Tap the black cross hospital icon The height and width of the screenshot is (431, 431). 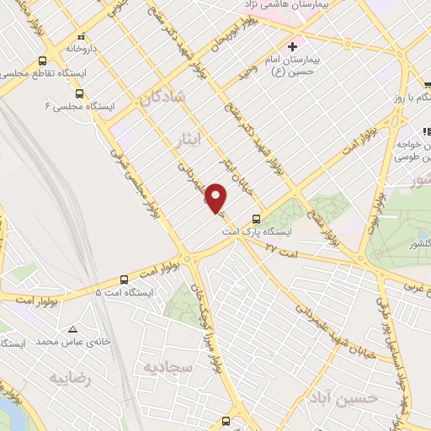[x=292, y=45]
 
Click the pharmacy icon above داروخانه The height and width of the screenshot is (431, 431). [x=82, y=36]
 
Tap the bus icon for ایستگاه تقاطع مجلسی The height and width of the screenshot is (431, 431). [x=42, y=61]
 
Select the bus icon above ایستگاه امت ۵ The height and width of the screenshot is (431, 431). [x=125, y=278]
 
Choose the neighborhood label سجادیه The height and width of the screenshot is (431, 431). [x=168, y=368]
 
